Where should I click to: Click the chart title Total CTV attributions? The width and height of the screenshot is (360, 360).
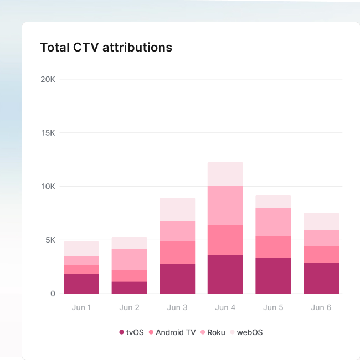106,48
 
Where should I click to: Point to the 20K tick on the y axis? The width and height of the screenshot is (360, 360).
48,79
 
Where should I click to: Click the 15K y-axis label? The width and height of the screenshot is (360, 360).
48,133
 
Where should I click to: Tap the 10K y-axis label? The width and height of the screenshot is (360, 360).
48,187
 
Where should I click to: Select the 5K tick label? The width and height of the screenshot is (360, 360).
50,240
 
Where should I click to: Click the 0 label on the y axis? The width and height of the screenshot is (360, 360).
53,294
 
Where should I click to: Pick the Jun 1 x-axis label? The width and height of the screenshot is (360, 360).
81,307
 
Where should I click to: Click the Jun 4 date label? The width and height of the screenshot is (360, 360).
225,307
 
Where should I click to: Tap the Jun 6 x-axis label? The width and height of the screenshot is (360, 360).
321,307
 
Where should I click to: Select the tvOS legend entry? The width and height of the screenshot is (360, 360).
131,332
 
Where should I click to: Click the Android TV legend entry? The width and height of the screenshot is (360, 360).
172,332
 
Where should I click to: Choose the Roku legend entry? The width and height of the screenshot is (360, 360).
213,332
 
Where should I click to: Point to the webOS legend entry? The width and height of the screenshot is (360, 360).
246,332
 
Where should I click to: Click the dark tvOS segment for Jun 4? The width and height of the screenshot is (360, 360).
225,274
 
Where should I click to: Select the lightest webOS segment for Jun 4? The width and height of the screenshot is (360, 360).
225,174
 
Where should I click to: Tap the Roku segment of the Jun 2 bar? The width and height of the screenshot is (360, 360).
129,259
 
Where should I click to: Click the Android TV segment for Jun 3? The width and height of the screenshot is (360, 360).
177,253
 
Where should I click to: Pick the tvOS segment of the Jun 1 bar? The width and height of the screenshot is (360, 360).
81,284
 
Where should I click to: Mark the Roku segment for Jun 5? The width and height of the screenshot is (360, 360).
273,222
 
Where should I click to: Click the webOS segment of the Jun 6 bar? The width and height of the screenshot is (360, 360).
321,222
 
